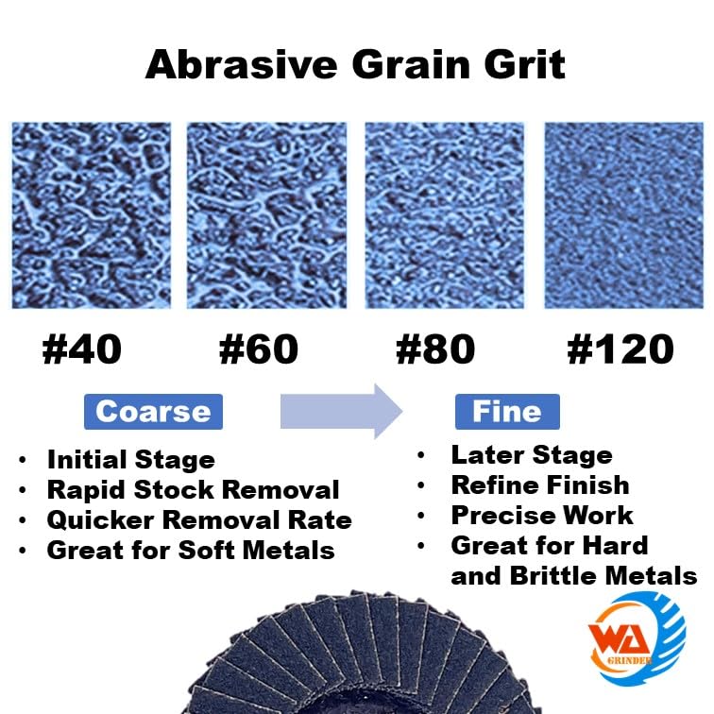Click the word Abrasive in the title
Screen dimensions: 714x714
point(242,64)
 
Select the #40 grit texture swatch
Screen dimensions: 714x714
point(91,215)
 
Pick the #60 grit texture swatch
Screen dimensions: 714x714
point(266,215)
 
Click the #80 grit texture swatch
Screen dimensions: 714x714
point(445,215)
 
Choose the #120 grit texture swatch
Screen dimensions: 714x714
point(624,215)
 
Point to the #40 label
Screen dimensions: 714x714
point(82,349)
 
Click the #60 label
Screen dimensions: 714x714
point(259,349)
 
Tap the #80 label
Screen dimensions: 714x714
point(435,349)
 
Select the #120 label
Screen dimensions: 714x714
point(620,349)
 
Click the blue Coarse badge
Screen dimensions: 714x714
point(153,412)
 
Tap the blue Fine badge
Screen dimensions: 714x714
point(507,412)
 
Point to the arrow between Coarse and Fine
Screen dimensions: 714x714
point(341,411)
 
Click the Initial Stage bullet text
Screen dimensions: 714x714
point(131,459)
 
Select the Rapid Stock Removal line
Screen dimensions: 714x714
point(193,490)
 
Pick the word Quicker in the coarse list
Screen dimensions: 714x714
point(101,520)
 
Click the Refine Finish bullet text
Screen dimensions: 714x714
point(540,484)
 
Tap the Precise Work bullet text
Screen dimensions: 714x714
point(542,516)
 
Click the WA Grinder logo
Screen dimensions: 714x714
point(637,637)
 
